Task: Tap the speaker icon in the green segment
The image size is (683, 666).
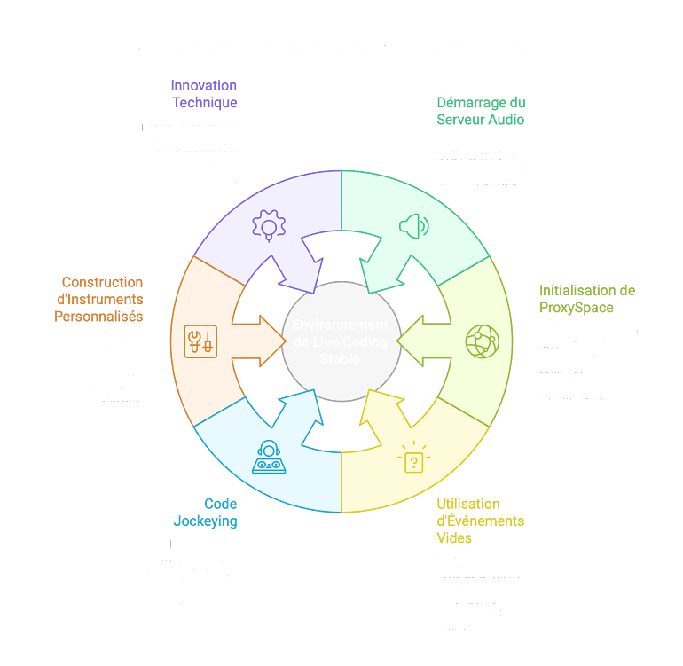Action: coord(413,225)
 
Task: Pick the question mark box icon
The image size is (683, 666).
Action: coord(413,459)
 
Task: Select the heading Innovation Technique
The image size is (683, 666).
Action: coord(204,94)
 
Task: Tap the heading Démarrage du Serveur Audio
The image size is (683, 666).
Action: coord(481,111)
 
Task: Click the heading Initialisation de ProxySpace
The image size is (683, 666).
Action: coord(587,299)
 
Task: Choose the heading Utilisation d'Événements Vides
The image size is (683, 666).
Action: coord(480,521)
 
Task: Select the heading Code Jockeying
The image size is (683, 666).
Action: coord(206,513)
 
